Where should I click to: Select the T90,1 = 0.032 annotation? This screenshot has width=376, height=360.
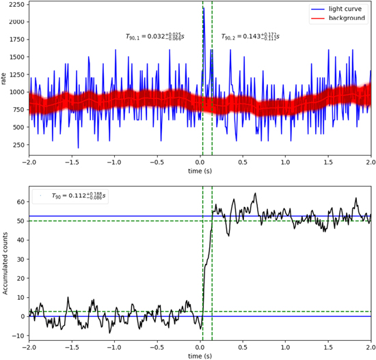click(155, 36)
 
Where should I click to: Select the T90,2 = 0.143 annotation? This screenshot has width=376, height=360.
click(250, 36)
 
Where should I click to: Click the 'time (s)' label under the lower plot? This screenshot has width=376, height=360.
click(200, 356)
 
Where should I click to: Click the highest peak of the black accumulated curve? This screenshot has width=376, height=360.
click(256, 193)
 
